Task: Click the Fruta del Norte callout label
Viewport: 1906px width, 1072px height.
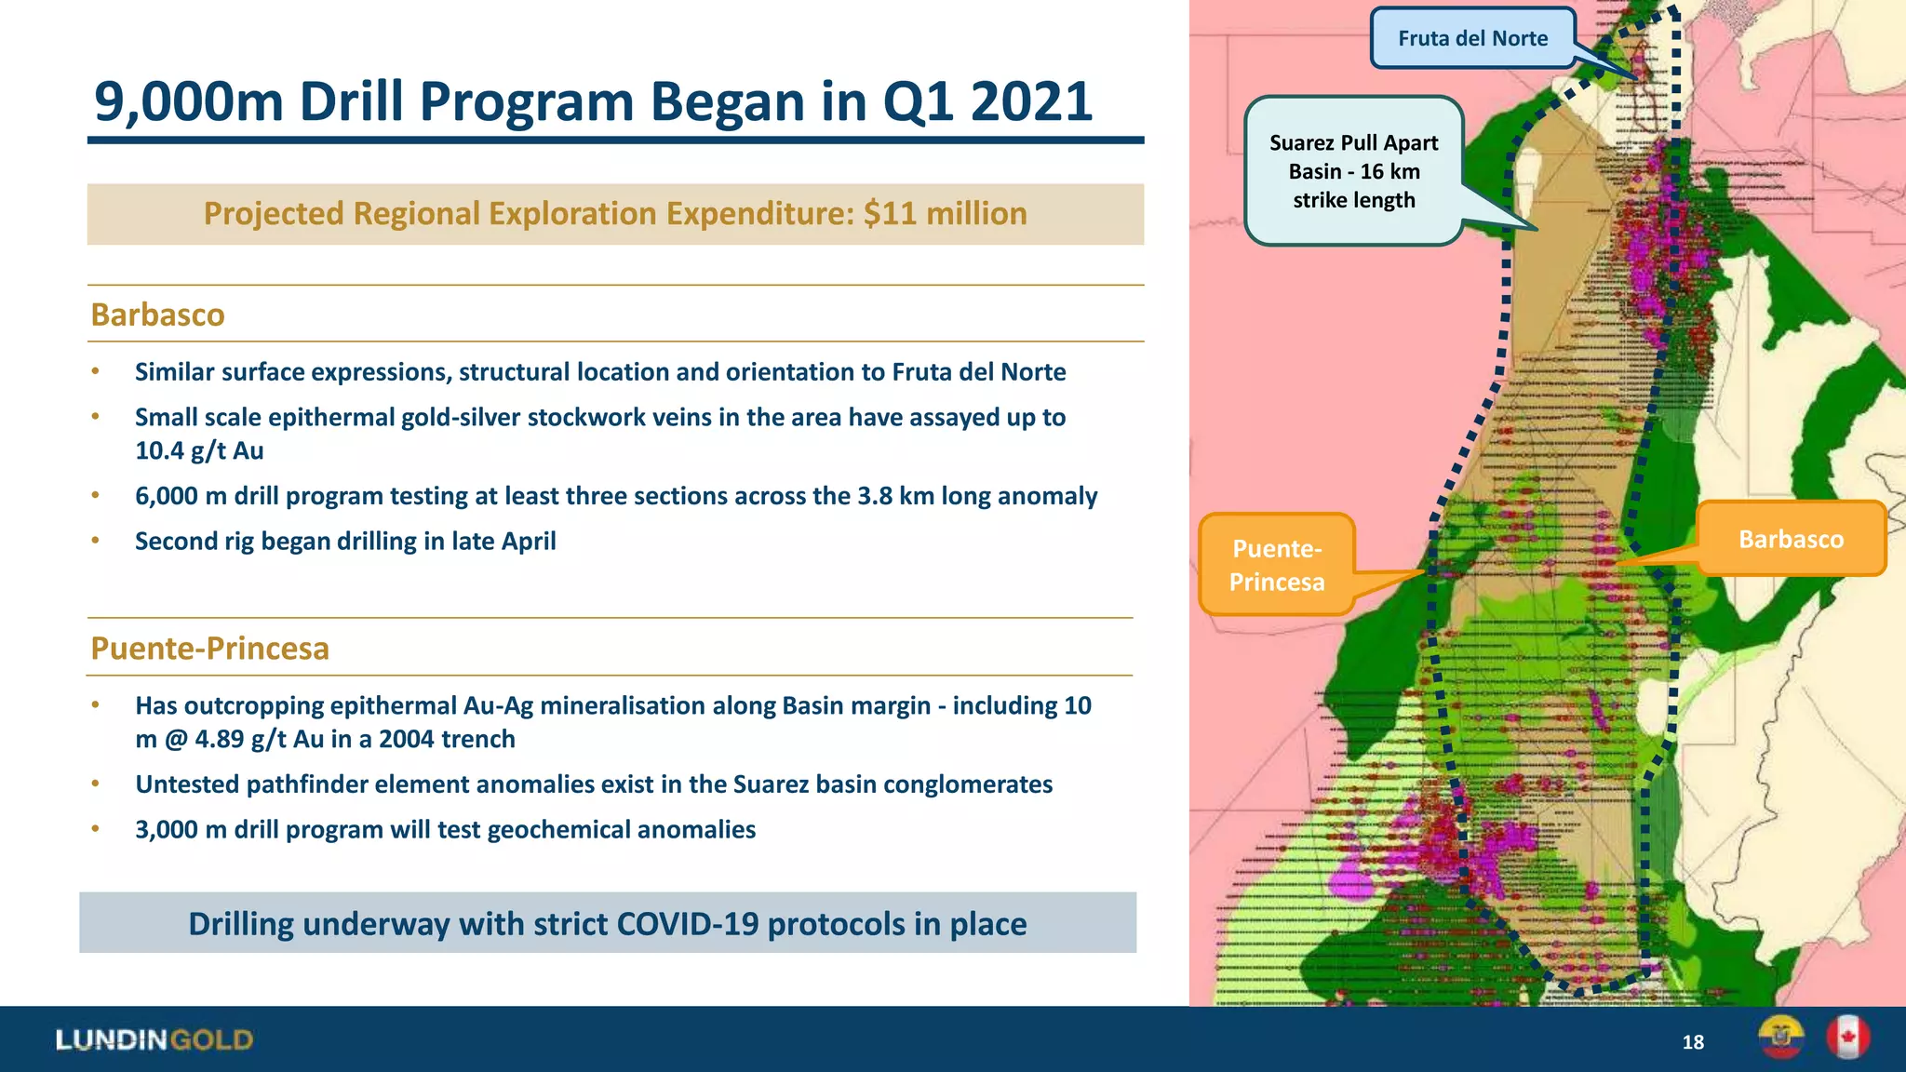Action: click(1472, 38)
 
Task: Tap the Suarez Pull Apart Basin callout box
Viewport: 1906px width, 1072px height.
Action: click(1353, 171)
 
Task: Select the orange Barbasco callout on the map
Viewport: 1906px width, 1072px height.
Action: click(1791, 539)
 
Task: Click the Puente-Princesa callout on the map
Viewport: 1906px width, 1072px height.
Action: click(1276, 565)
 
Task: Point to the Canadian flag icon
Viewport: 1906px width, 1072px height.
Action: click(1847, 1038)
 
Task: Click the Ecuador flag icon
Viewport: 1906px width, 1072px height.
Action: click(1780, 1038)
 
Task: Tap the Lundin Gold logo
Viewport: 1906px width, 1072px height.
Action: click(154, 1039)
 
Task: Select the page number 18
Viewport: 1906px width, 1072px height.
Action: click(1693, 1042)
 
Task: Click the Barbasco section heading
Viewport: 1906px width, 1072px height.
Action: click(157, 315)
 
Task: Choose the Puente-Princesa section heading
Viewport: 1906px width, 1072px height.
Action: click(209, 648)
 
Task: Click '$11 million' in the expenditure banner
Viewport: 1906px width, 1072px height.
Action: click(945, 213)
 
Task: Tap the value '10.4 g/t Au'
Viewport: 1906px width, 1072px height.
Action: click(199, 451)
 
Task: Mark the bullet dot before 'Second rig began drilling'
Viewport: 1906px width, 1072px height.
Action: click(95, 541)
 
